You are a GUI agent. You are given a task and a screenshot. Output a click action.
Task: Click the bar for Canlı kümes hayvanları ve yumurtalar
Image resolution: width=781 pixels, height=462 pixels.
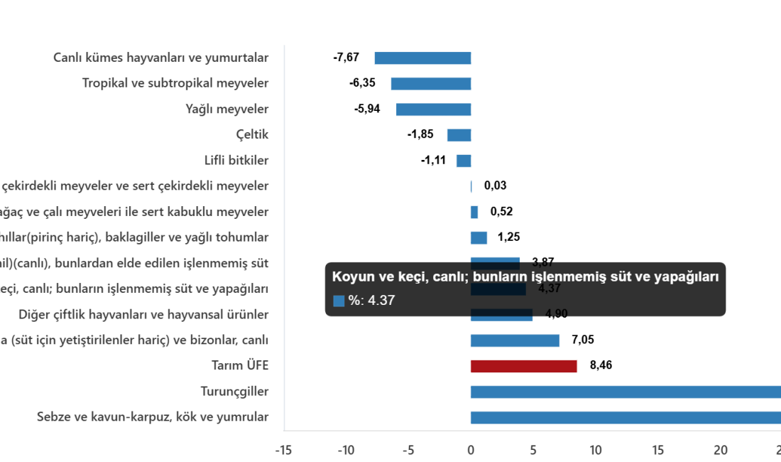click(x=422, y=58)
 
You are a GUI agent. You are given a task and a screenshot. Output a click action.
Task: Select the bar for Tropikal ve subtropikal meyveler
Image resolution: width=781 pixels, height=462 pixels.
click(x=431, y=84)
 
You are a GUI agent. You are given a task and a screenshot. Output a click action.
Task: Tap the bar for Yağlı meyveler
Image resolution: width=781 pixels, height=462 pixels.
click(x=434, y=109)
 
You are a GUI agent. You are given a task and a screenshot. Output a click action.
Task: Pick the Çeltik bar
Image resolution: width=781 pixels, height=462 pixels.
click(x=459, y=135)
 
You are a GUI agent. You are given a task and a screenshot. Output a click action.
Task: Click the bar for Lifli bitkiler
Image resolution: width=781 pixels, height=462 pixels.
click(x=464, y=161)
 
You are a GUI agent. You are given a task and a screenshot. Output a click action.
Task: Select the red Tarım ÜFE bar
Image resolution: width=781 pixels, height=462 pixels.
click(x=523, y=366)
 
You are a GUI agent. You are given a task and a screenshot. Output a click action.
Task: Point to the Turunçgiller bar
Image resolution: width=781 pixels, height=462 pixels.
click(x=625, y=392)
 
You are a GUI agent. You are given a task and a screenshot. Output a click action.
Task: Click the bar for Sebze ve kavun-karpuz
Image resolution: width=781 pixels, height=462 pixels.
click(x=625, y=417)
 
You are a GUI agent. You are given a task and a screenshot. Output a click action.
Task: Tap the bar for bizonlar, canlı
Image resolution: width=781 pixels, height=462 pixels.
click(x=515, y=340)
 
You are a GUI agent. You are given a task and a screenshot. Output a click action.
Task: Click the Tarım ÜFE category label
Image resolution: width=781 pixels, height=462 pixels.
click(x=240, y=366)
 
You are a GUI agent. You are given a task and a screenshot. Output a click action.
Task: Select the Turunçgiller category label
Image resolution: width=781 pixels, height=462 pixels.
click(x=234, y=392)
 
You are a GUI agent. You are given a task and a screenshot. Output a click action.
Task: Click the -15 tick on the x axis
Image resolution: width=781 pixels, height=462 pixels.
click(x=283, y=450)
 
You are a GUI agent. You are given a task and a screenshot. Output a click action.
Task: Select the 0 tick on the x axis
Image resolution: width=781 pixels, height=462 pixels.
click(x=470, y=450)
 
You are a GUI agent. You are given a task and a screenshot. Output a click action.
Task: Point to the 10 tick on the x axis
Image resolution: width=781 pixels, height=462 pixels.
click(x=595, y=450)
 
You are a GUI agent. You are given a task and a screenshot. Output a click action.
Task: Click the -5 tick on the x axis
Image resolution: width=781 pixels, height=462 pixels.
click(x=408, y=450)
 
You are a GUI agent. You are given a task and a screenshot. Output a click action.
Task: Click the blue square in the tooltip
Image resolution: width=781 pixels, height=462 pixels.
click(x=339, y=301)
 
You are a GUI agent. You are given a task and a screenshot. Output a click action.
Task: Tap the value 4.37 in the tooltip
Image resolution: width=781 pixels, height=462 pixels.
click(x=381, y=301)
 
